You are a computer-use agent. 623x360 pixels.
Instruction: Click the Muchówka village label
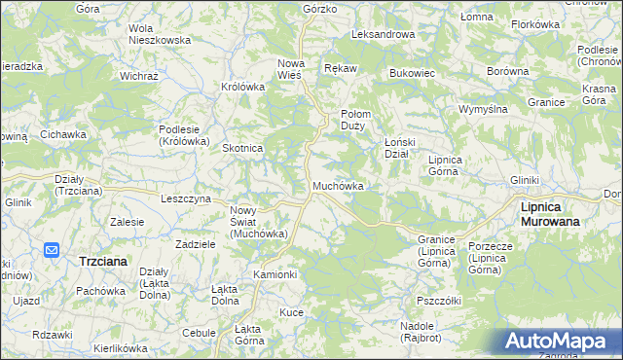click(338, 186)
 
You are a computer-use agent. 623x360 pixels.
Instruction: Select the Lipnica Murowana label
click(550, 214)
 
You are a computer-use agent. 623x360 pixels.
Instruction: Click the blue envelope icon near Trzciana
click(53, 251)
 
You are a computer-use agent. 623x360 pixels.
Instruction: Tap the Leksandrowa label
click(383, 34)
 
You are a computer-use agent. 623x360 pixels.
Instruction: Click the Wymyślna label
click(484, 108)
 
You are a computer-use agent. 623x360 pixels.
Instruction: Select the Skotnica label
click(243, 148)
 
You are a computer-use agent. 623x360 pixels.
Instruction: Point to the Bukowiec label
click(411, 73)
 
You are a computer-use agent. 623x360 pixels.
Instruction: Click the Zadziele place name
click(195, 244)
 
